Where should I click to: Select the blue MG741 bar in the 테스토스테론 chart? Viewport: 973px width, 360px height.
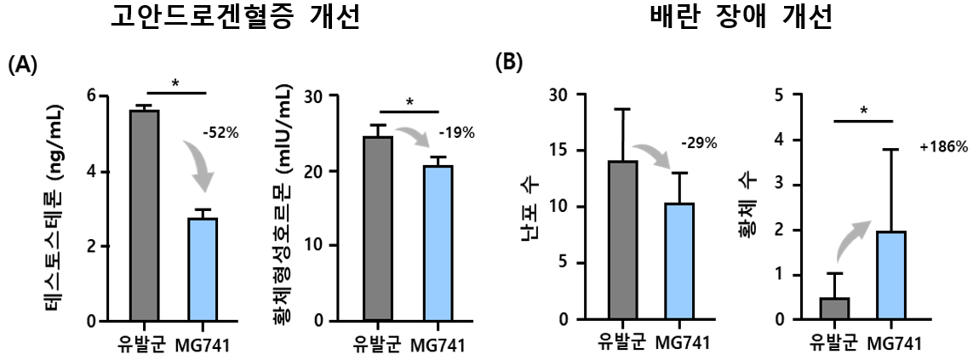pos(203,270)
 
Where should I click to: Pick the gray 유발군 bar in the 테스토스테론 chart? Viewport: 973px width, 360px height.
pos(144,216)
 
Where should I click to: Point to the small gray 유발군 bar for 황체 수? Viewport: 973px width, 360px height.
pos(834,308)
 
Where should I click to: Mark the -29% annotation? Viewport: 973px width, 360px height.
pos(699,143)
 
